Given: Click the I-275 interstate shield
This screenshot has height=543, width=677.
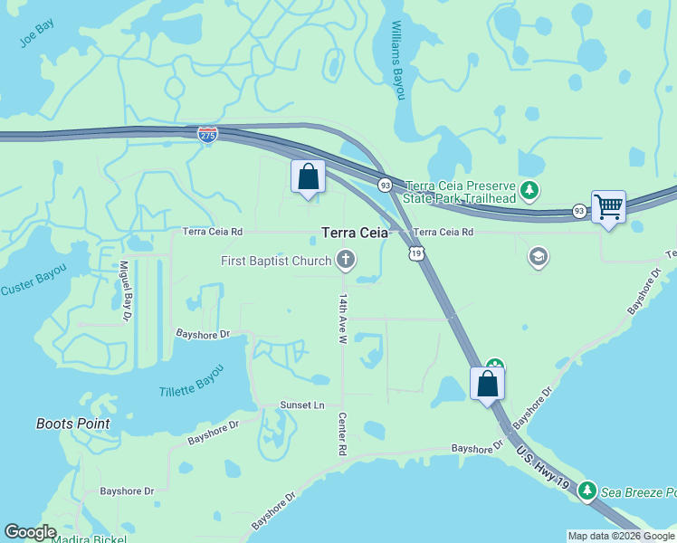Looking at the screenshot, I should click(207, 133).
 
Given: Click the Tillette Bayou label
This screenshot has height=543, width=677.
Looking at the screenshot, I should click(190, 390).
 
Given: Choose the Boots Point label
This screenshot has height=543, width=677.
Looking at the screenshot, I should click(72, 424).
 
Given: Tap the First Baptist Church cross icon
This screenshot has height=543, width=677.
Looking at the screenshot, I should click(345, 261).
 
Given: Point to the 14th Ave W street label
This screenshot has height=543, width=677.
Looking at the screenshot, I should click(343, 318).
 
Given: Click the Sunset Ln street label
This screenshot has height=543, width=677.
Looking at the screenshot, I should click(302, 405).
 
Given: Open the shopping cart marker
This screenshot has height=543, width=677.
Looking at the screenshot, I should click(608, 207).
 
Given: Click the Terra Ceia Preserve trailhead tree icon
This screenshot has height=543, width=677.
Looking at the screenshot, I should click(530, 192).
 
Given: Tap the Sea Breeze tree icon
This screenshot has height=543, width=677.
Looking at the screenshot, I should click(587, 491).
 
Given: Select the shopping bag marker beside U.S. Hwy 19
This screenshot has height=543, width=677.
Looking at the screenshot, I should click(487, 384).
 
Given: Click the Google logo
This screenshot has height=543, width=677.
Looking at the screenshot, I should click(30, 532).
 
